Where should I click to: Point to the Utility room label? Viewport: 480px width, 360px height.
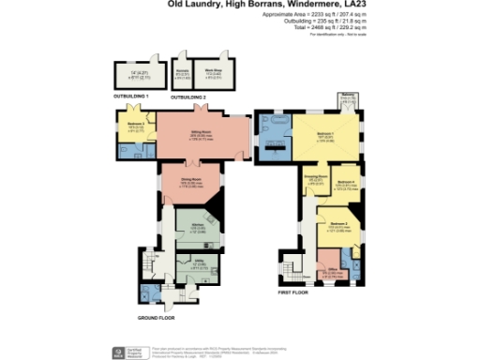pos(199,265)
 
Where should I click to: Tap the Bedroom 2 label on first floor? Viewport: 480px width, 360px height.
pos(338,224)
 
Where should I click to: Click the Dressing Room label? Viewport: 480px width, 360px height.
pos(314,175)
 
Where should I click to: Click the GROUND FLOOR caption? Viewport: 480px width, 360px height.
pos(158,318)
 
